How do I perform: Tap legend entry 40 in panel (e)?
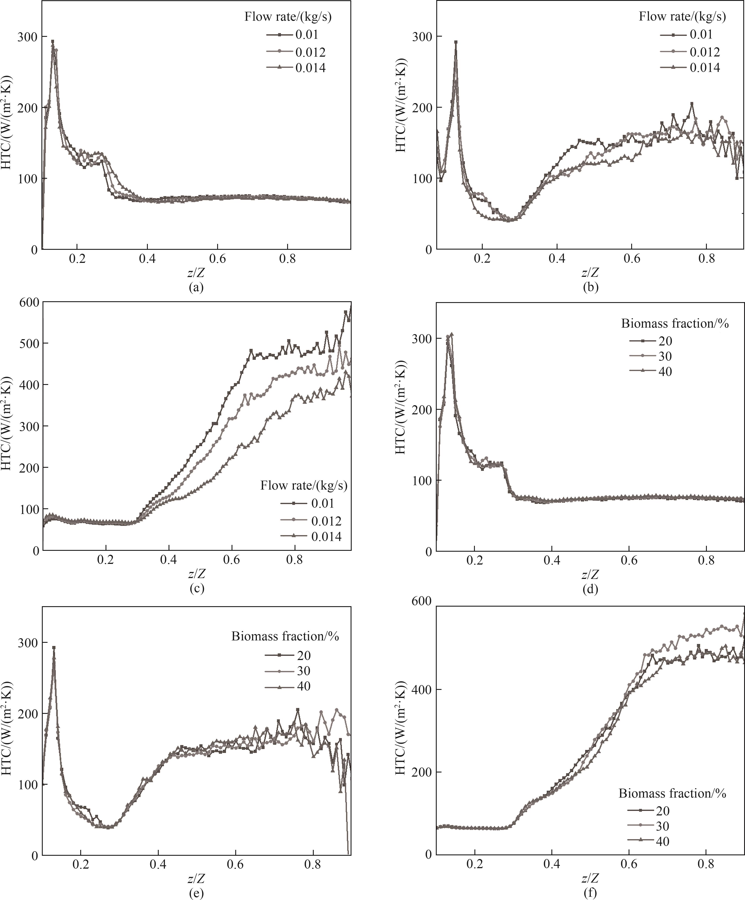pyautogui.click(x=303, y=686)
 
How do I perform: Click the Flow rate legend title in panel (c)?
pyautogui.click(x=303, y=486)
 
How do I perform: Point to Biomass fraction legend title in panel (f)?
pyautogui.click(x=672, y=793)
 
